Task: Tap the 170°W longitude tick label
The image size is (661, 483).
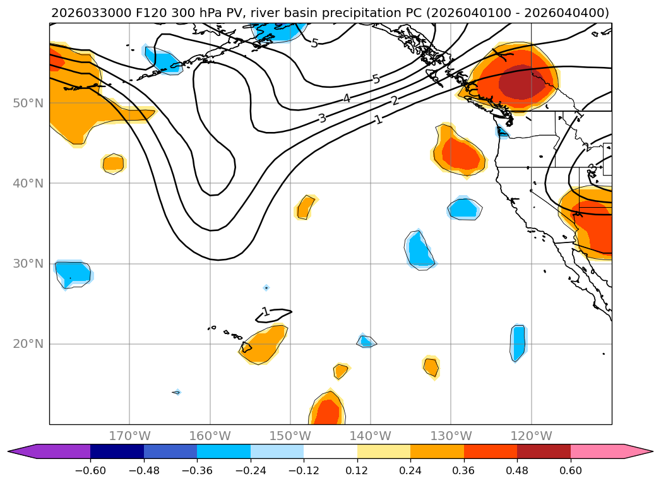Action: click(129, 436)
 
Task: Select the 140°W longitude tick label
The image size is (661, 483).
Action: click(370, 436)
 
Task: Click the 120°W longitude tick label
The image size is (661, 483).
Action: click(531, 436)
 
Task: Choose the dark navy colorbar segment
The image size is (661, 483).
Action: click(117, 451)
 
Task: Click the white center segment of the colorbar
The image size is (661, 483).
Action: click(330, 451)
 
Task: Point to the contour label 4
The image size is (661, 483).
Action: click(347, 98)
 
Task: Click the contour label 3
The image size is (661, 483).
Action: click(322, 118)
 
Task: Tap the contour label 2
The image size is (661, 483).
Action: click(395, 101)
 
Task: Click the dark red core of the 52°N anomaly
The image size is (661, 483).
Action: click(521, 83)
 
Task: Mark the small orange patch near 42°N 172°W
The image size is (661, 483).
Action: click(114, 164)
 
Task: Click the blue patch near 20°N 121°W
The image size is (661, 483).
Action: click(518, 342)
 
